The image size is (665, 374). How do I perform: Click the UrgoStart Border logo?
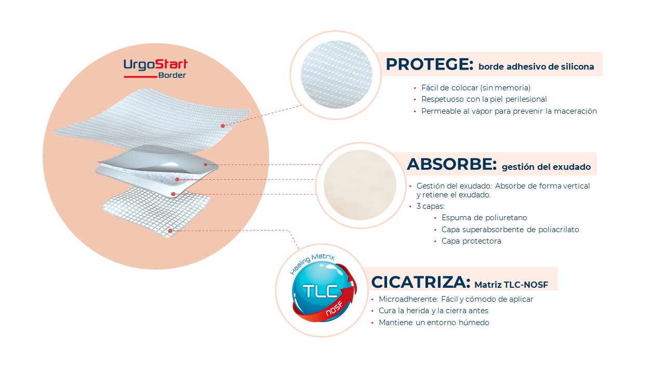(155, 69)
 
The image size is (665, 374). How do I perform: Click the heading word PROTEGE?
(429, 64)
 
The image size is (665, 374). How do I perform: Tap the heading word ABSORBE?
(451, 164)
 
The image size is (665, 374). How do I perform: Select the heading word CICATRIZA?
(421, 282)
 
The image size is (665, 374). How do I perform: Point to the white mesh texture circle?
(336, 74)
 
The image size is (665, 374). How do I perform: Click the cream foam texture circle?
(360, 185)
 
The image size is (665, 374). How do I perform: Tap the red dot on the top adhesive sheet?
(223, 126)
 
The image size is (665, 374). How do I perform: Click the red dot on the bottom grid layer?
(170, 231)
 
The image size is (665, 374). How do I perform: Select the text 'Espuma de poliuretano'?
(484, 218)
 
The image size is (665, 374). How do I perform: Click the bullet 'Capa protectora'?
(471, 241)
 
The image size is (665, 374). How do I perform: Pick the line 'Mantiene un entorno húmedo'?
(434, 323)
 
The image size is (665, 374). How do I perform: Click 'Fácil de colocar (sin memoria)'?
(476, 88)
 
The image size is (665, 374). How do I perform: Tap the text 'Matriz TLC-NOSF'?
(511, 285)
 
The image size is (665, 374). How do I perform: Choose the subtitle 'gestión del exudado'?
(546, 167)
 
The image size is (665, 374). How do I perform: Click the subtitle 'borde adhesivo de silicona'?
(536, 67)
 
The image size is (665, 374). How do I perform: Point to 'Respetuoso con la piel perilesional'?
(484, 99)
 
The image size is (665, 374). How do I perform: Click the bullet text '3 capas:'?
(431, 206)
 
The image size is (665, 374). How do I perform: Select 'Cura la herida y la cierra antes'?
(433, 311)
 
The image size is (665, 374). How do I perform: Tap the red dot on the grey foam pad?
(205, 165)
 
